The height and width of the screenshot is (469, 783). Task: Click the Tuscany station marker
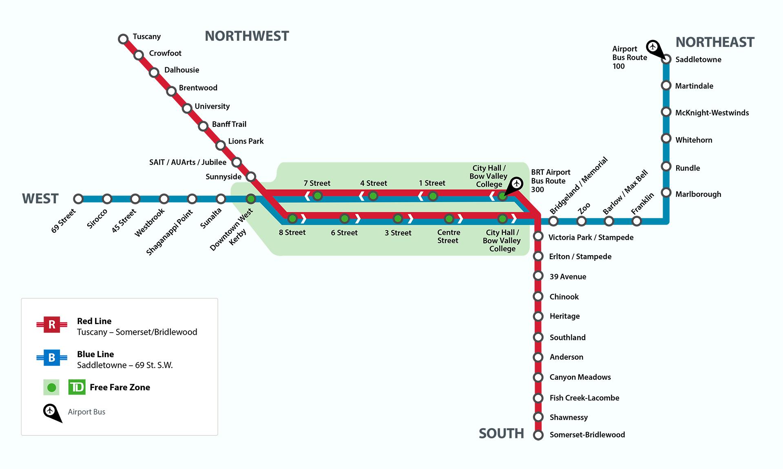tap(123, 39)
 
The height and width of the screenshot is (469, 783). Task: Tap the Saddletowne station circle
tap(666, 59)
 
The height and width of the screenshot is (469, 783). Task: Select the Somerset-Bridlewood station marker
tap(538, 435)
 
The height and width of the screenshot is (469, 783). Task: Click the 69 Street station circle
tap(78, 199)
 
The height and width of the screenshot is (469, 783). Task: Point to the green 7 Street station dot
tap(317, 196)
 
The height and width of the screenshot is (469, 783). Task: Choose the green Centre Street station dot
tap(449, 219)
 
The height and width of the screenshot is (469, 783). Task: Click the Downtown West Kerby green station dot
tap(251, 199)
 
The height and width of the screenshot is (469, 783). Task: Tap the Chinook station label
tap(564, 297)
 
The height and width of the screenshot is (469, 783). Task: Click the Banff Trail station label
tap(229, 124)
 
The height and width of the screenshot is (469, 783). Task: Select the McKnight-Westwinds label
tap(712, 113)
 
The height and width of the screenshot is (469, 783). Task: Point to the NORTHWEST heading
tap(247, 36)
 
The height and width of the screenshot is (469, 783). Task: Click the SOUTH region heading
tap(501, 433)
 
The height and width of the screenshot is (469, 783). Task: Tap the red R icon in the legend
tap(52, 325)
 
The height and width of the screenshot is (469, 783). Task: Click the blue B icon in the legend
tap(52, 358)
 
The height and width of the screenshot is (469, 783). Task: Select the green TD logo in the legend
tap(77, 387)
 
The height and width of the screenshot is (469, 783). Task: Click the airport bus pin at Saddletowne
tap(653, 47)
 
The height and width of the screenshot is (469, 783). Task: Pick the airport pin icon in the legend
tap(51, 411)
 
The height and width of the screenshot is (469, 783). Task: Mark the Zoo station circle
tap(581, 221)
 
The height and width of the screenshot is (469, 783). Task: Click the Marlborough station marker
tap(666, 192)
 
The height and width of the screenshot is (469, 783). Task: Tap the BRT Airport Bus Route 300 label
tap(550, 181)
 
